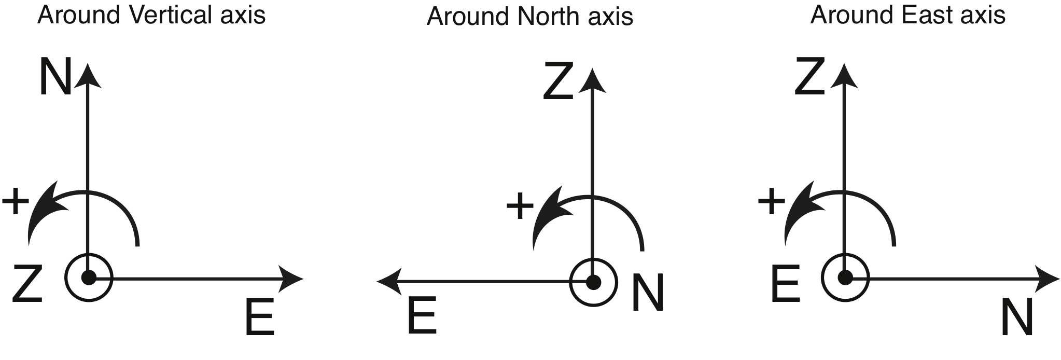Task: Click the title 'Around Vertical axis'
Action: [151, 16]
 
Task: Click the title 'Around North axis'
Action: [529, 17]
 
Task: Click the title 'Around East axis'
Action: [908, 15]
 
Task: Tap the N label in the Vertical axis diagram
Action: [55, 78]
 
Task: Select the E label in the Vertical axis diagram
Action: [259, 317]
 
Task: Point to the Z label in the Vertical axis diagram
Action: [27, 284]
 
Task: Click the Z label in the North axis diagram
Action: [558, 81]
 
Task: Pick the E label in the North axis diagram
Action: [422, 316]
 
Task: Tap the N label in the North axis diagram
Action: [648, 293]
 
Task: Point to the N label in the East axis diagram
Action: [1017, 317]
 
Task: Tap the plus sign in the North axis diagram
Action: [520, 206]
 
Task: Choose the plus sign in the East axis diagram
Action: [771, 201]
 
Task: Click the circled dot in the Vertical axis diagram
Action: [89, 278]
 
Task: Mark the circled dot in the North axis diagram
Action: [593, 282]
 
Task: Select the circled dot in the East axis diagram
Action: [845, 278]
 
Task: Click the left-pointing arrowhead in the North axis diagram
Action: [388, 282]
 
